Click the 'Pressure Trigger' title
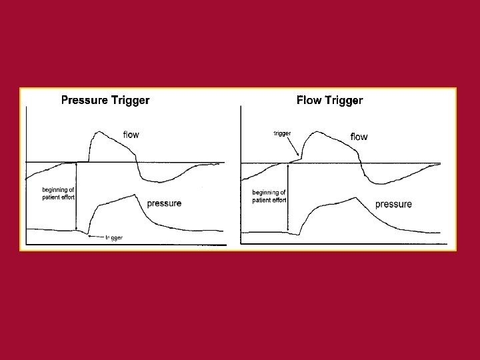point(105,101)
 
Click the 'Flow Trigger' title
point(329,101)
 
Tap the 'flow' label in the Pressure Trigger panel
point(131,135)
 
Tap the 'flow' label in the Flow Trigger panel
point(359,137)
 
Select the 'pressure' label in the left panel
point(163,203)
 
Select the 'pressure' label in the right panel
point(393,204)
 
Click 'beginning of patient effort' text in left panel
point(58,193)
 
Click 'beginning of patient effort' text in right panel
point(269,196)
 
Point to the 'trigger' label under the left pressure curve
point(113,237)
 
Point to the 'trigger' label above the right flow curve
point(282,133)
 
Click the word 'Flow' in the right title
point(309,101)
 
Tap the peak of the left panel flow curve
point(98,132)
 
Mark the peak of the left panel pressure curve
point(135,194)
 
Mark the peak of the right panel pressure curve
point(355,197)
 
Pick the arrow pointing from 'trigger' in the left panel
point(96,237)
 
